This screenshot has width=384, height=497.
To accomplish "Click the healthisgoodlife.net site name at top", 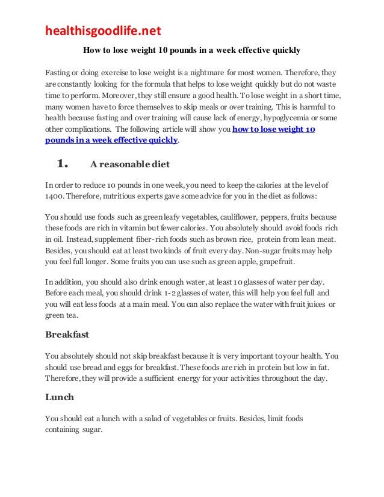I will tap(103, 31).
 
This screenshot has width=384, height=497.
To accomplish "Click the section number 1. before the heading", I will tap(63, 163).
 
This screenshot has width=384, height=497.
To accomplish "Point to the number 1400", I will tap(56, 196).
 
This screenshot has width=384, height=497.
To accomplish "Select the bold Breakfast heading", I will tap(68, 334).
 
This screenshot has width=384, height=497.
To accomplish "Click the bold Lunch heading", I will tap(60, 398).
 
